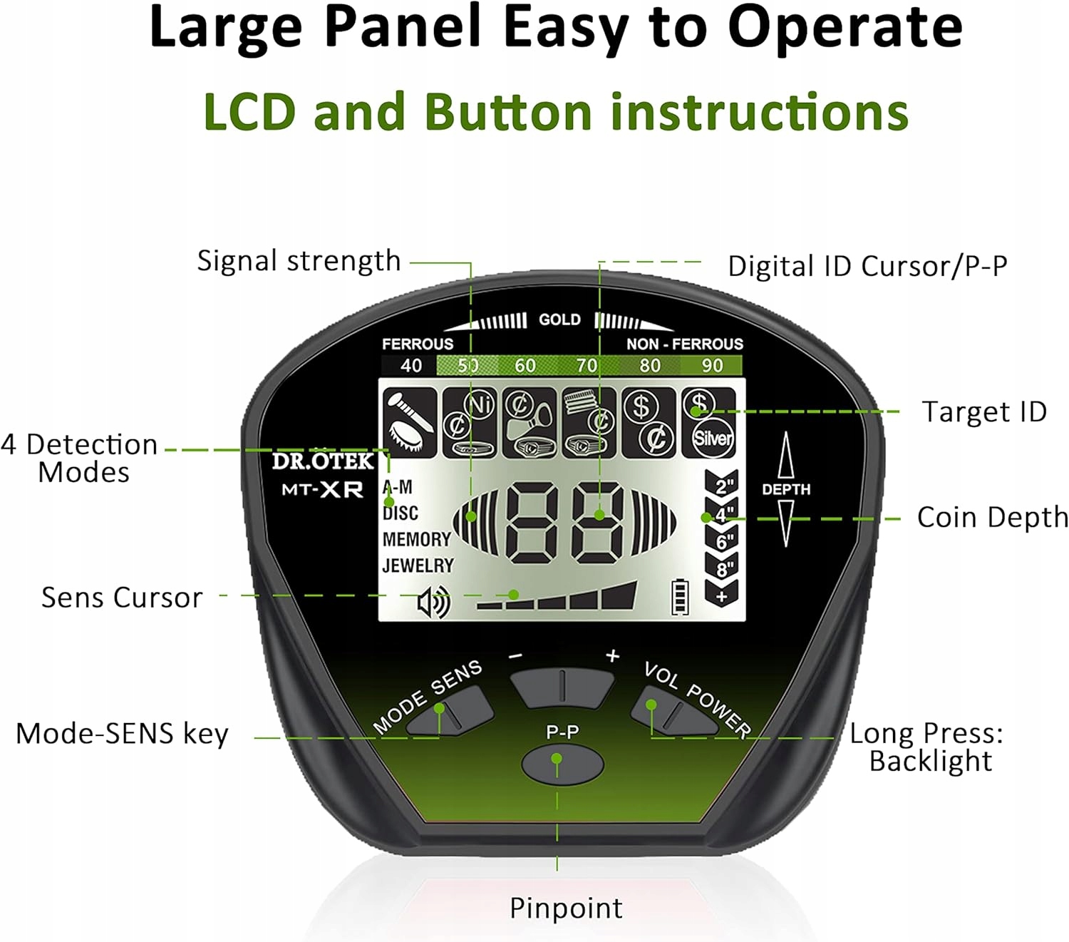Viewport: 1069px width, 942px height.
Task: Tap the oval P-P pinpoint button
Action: pos(562,764)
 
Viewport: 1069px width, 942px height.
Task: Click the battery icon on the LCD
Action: pos(680,597)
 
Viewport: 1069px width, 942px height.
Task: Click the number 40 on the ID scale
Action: pos(410,365)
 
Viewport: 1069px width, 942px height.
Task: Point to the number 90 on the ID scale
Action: pos(712,365)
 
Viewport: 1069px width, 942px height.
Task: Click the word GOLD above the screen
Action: pos(559,319)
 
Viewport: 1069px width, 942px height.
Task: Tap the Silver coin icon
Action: pos(713,438)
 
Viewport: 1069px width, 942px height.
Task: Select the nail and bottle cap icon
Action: pos(410,422)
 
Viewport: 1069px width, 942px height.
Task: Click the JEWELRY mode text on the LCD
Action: pos(418,566)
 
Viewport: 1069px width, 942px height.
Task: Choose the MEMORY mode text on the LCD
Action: pos(416,540)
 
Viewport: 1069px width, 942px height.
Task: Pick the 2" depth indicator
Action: pos(721,483)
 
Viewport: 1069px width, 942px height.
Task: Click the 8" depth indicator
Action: pos(721,568)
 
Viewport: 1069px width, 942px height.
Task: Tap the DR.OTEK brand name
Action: pos(323,461)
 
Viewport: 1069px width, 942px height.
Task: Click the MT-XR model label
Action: pos(322,489)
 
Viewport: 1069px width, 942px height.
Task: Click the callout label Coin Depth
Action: pos(993,518)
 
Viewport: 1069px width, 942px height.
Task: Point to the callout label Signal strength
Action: pos(299,262)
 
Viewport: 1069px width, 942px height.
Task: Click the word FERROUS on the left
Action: pos(418,344)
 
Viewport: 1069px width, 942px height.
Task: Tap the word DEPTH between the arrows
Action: pos(785,489)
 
